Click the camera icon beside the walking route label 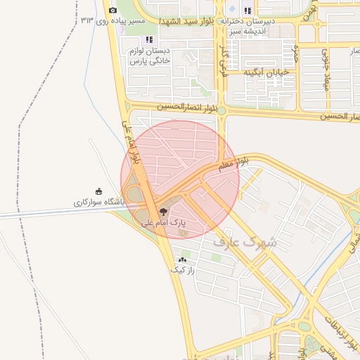click(113, 11)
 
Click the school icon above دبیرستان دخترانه click(247, 11)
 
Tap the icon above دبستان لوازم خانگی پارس click(148, 39)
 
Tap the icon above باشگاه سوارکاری click(98, 191)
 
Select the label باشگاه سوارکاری click(98, 202)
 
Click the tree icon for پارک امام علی click(163, 211)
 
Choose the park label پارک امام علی click(165, 223)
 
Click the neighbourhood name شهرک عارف click(245, 243)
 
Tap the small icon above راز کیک click(182, 260)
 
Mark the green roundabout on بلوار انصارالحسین click(221, 110)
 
